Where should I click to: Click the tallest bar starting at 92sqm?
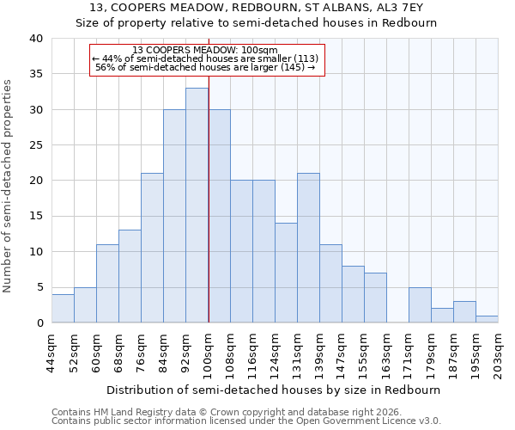pyautogui.click(x=197, y=206)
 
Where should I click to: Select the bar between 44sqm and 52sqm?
pyautogui.click(x=63, y=309)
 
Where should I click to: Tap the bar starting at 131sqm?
pyautogui.click(x=308, y=248)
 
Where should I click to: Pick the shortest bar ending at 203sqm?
pyautogui.click(x=487, y=319)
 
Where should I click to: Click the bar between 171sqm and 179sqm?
pyautogui.click(x=420, y=305)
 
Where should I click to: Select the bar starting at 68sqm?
pyautogui.click(x=130, y=276)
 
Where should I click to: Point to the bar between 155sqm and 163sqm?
pyautogui.click(x=375, y=298)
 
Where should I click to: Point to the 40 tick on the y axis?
pyautogui.click(x=35, y=39)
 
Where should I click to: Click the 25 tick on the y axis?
pyautogui.click(x=35, y=145)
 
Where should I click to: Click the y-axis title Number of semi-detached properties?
pyautogui.click(x=9, y=186)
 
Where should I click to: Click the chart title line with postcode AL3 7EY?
pyautogui.click(x=263, y=8)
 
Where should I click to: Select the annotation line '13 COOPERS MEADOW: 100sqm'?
pyautogui.click(x=205, y=50)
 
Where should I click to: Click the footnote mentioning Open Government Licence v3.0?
pyautogui.click(x=246, y=421)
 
